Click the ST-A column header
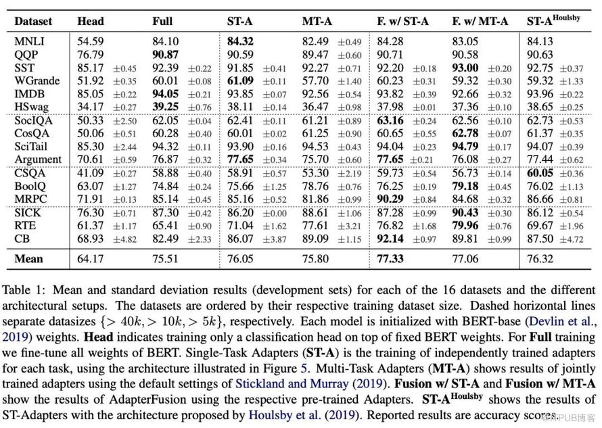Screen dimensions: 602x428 point(239,21)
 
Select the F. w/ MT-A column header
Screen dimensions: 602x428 point(480,21)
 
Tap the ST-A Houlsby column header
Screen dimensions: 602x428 point(553,20)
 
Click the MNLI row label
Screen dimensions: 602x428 point(30,41)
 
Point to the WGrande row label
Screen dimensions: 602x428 point(37,80)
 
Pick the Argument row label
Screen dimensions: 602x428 point(38,160)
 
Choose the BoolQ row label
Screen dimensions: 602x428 point(30,186)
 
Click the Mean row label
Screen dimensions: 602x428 point(29,259)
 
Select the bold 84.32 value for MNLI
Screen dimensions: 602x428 point(240,41)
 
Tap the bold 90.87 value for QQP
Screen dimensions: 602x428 point(165,55)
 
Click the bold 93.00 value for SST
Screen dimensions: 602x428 point(465,68)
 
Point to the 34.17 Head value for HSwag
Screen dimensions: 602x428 point(90,107)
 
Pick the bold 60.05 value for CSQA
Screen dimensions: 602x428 point(540,173)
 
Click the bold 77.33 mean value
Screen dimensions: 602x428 point(390,259)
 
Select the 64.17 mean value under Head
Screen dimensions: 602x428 point(90,259)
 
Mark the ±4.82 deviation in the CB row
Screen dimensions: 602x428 point(124,239)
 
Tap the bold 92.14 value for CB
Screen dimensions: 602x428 point(390,239)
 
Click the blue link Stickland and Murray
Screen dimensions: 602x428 point(292,383)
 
